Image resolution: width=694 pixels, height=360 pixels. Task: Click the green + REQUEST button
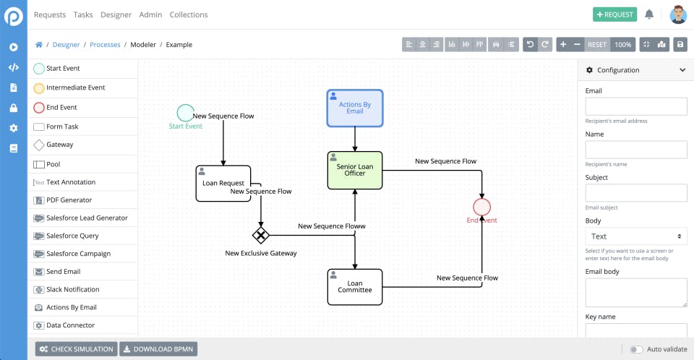pos(614,14)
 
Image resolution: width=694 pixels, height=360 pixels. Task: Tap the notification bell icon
pos(649,14)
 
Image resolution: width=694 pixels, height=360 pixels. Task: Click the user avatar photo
pos(678,14)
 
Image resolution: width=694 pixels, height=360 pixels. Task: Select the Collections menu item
pos(189,14)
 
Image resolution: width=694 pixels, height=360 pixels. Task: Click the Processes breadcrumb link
pos(105,45)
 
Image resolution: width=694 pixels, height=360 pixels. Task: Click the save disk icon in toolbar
pos(680,45)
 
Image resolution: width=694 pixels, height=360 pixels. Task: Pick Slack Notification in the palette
pos(72,289)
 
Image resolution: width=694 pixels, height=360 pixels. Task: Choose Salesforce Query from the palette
pos(72,236)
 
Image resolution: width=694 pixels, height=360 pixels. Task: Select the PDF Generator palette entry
pos(69,200)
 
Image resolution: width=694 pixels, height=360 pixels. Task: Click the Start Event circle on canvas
pos(186,113)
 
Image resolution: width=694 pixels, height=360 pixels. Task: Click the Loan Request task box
pos(223,183)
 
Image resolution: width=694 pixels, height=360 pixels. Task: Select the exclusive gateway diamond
pos(260,235)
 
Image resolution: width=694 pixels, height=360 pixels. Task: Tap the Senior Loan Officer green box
pos(355,170)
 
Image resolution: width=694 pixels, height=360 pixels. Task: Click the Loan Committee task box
pos(355,287)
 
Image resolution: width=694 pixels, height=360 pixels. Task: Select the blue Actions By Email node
pos(355,108)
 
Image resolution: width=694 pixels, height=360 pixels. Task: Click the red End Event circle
pos(482,207)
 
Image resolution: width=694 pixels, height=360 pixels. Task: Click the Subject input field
pos(635,192)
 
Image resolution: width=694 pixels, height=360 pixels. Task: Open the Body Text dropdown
pos(635,236)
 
